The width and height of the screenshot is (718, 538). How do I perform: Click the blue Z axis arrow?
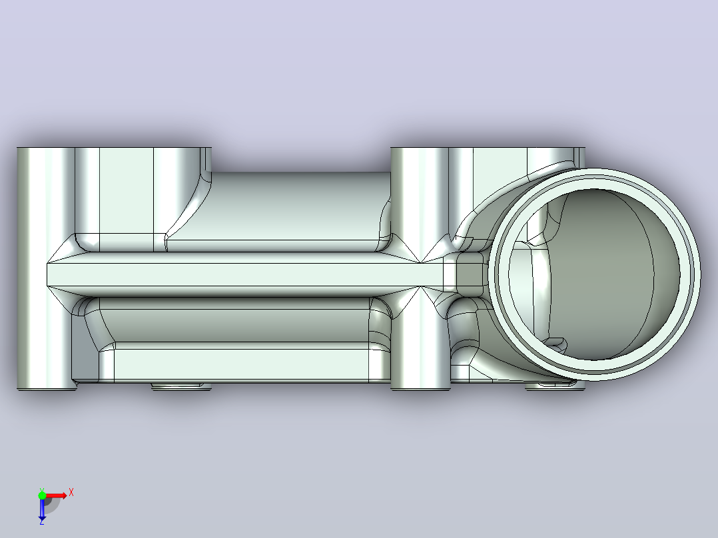[42, 509]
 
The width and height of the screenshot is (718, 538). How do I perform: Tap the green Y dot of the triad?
[42, 495]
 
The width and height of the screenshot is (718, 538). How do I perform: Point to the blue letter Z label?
[42, 521]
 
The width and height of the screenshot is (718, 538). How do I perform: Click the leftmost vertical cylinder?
[46, 268]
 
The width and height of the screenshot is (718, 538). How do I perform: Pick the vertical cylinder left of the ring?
[419, 268]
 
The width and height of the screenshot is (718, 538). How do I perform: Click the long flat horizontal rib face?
[245, 274]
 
